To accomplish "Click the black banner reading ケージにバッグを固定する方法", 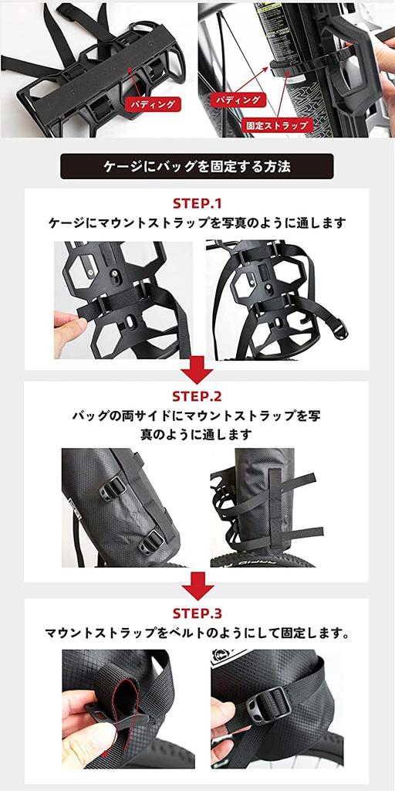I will [x=197, y=166].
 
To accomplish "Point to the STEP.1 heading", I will [x=197, y=205].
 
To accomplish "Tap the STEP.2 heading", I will [x=197, y=397].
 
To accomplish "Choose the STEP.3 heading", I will [x=197, y=614].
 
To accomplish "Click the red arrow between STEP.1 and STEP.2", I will [x=197, y=369].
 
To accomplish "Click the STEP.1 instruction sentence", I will [x=197, y=223].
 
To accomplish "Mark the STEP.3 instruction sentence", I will [x=197, y=635].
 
